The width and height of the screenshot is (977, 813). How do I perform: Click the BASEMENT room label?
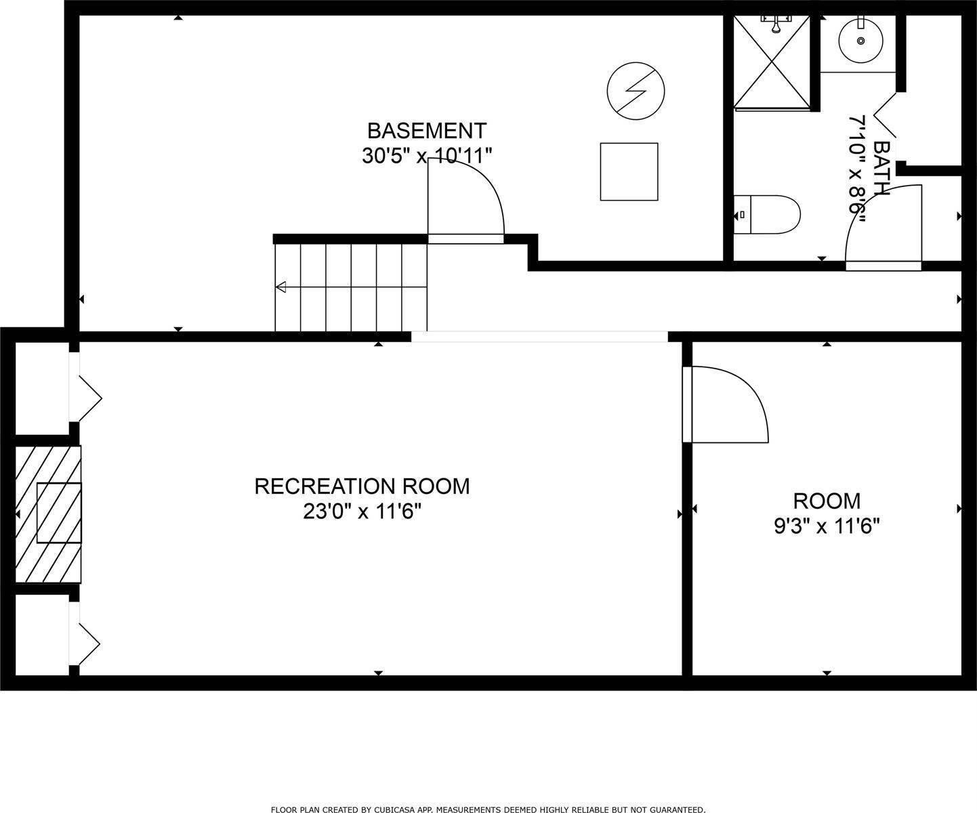(426, 130)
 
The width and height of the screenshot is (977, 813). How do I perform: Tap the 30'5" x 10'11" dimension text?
(426, 157)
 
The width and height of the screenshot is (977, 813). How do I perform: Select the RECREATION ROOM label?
(362, 486)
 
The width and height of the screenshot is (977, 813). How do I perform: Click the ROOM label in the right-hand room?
(827, 501)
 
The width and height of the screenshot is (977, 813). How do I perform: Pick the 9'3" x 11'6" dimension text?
(827, 526)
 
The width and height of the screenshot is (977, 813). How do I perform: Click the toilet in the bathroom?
(767, 215)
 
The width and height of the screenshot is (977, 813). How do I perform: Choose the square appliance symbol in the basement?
(629, 171)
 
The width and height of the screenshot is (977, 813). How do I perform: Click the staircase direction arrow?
(280, 287)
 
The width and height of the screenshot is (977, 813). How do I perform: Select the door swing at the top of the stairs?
(466, 203)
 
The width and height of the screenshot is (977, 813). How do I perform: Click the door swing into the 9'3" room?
(725, 405)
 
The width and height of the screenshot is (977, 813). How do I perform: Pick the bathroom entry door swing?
(884, 227)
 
